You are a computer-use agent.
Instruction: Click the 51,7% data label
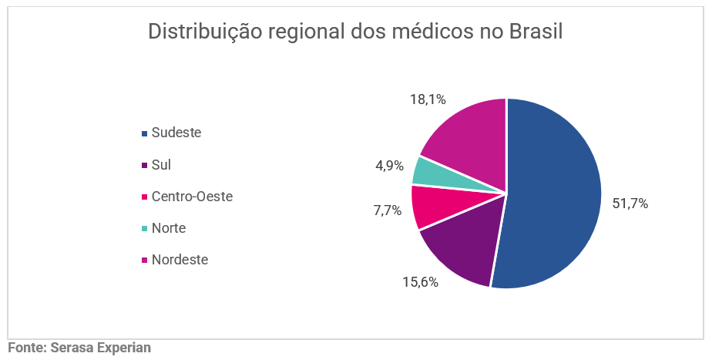coord(630,204)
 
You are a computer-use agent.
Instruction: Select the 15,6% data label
coord(420,282)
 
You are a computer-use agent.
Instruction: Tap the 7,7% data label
coord(388,210)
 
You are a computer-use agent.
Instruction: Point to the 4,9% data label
coord(389,166)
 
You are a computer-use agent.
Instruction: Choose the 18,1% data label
coord(428,99)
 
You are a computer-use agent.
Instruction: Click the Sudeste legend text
coord(176,133)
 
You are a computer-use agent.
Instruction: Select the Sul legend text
coord(161,165)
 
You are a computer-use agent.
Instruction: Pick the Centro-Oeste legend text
coord(192,197)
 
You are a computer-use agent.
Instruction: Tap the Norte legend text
coord(169,228)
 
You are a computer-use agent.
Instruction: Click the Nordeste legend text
coord(180,260)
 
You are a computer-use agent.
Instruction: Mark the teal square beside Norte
coord(144,229)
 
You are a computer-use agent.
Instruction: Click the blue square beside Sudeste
coord(144,133)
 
